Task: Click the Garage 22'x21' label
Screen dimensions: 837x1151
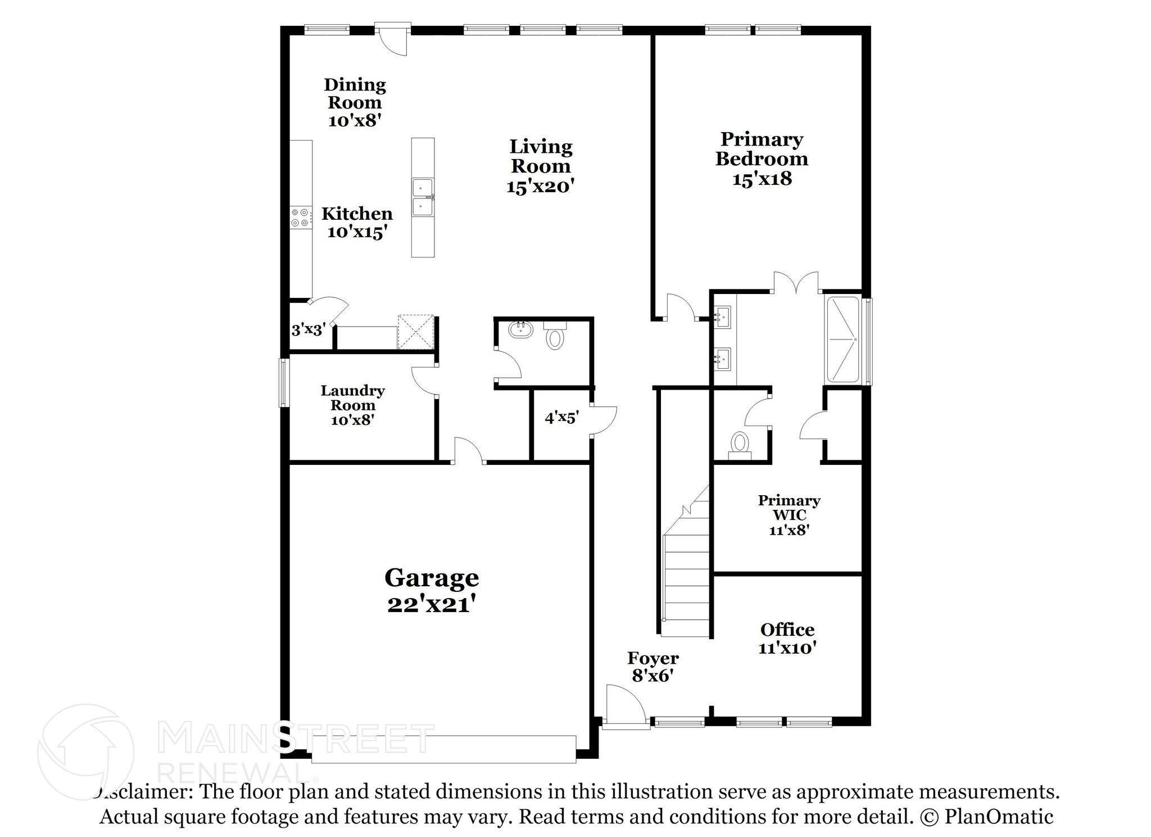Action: point(432,590)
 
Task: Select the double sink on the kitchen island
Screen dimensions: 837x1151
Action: point(423,197)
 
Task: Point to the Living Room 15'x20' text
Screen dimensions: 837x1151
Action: point(541,166)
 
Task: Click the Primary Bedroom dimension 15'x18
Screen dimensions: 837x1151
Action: point(762,179)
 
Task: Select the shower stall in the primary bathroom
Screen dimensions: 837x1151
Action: point(844,340)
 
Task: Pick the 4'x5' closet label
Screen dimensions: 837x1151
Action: point(561,418)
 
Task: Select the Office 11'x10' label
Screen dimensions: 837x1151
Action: point(787,638)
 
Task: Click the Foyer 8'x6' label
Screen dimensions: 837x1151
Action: point(652,667)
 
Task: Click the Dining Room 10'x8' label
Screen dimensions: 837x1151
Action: point(355,102)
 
